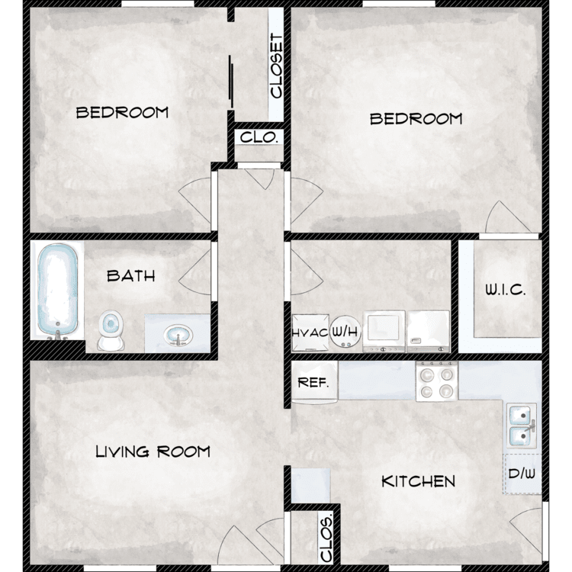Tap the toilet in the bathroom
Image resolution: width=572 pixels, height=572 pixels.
(111, 330)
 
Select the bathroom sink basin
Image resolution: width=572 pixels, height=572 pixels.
(178, 335)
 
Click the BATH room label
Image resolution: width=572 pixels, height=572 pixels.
(131, 276)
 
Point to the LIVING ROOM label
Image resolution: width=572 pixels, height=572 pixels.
(153, 451)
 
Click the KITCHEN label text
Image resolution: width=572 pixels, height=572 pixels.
(418, 481)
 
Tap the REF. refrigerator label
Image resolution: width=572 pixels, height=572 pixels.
(313, 383)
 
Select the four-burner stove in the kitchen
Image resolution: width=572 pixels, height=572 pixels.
(437, 381)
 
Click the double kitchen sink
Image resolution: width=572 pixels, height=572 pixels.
(522, 426)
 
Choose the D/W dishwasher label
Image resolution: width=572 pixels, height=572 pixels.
(522, 474)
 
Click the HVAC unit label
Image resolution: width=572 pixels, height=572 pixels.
(310, 333)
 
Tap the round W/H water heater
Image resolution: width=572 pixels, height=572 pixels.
(345, 332)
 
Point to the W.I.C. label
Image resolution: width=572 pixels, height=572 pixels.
(505, 290)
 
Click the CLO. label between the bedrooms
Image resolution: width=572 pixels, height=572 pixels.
(259, 137)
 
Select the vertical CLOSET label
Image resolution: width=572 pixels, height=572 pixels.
(276, 66)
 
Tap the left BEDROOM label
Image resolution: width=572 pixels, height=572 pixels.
(122, 112)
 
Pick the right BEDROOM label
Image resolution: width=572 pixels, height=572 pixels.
(416, 119)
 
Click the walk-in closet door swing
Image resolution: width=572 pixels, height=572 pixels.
(508, 217)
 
